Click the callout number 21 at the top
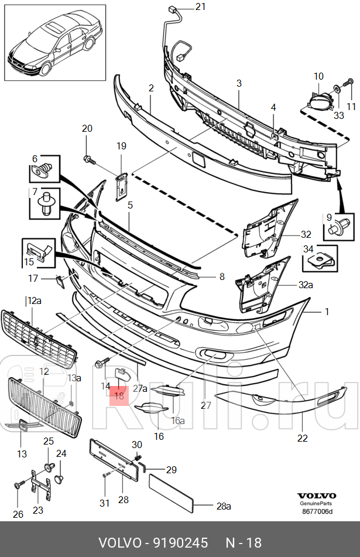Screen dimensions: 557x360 coord(200,7)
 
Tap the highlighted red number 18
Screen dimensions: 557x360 coord(119,396)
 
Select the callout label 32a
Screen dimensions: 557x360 coord(306,286)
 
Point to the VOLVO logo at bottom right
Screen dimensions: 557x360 coord(316,495)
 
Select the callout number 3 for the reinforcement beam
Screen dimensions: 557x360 coord(239,84)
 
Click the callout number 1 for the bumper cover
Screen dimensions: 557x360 coord(327,312)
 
